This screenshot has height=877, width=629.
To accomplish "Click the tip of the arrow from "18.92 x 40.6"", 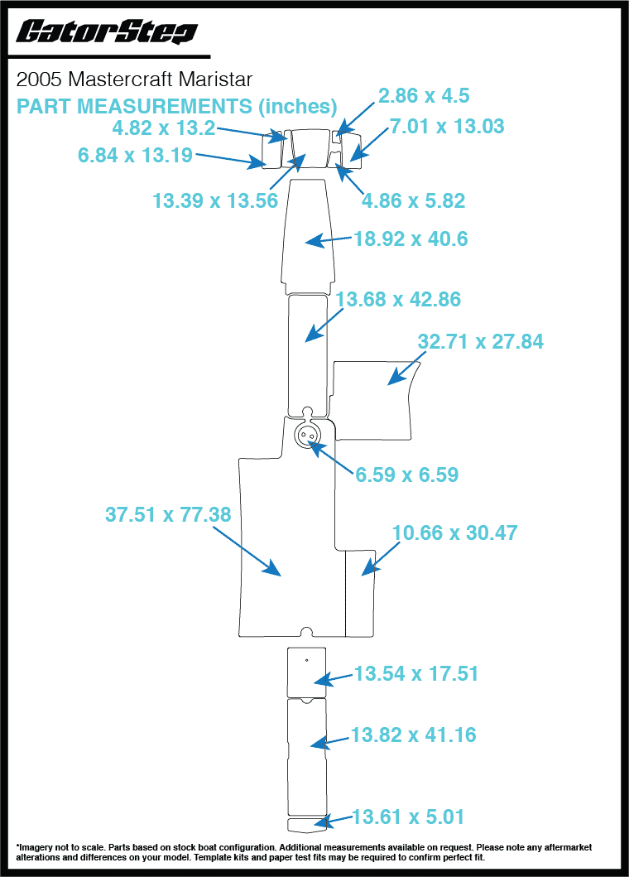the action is [305, 242].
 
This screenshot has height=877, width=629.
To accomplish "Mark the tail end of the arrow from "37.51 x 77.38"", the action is [214, 526].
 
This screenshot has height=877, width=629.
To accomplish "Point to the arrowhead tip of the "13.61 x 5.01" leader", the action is [314, 822].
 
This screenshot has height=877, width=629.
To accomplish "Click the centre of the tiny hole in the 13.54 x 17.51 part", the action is [306, 660].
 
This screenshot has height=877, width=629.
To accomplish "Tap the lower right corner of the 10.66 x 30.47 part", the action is [374, 637].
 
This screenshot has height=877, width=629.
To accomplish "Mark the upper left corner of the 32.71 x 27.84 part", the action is [334, 362].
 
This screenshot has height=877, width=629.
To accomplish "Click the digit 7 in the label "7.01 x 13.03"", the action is [395, 127].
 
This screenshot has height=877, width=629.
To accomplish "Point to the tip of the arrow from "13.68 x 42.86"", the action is [305, 340].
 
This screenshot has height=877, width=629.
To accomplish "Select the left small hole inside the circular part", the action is [303, 435].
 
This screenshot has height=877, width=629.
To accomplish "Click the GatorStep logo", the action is [106, 31].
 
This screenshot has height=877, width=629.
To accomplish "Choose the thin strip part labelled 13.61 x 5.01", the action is [306, 824].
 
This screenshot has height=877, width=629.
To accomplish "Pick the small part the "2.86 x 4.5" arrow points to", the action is [337, 137].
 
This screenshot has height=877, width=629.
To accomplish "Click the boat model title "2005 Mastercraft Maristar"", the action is [134, 80].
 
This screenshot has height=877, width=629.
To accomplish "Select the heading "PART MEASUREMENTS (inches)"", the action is [176, 106].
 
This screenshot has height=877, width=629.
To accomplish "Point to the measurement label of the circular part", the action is [407, 475].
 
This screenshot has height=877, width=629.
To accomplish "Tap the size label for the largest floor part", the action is [168, 514].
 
